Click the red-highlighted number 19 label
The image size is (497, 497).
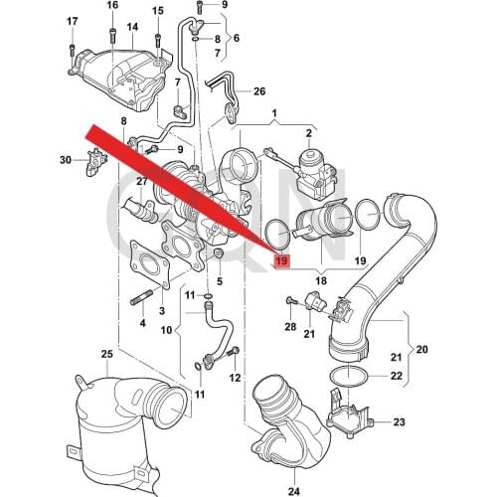tap(282, 260)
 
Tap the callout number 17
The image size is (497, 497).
tap(73, 22)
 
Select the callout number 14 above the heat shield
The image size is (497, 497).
tap(132, 27)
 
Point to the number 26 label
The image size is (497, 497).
tap(259, 91)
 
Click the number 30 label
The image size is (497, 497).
tap(66, 160)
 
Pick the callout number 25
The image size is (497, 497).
tap(107, 354)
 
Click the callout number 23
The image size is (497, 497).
tap(399, 422)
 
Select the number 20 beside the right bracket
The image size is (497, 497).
tap(421, 349)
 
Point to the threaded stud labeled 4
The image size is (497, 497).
tap(142, 298)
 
